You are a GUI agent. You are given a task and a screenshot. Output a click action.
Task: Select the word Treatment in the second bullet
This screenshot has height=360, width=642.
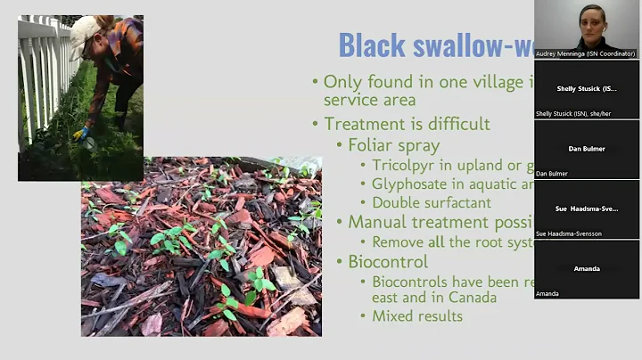(x=364, y=124)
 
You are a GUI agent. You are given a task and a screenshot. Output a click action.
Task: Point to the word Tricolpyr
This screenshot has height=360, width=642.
(x=407, y=165)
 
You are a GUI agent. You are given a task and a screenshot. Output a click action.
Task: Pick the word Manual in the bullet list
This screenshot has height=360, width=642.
(x=375, y=222)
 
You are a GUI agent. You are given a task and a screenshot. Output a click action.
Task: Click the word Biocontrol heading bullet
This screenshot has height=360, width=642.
(x=388, y=262)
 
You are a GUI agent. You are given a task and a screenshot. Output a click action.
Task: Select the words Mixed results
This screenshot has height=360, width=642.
(x=416, y=315)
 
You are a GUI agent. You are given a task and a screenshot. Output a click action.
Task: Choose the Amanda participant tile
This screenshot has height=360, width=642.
(x=587, y=268)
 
